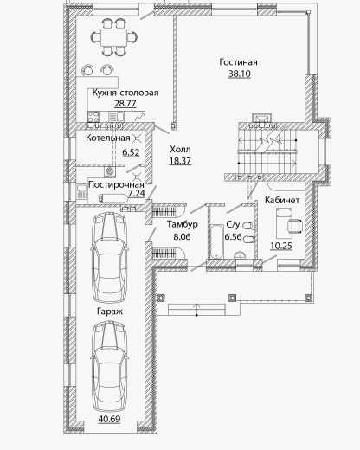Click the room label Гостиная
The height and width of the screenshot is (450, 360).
(x=238, y=62)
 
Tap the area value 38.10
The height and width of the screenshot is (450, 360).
(x=240, y=74)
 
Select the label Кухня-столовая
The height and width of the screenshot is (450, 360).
(x=125, y=93)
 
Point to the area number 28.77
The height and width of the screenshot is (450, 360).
(x=125, y=103)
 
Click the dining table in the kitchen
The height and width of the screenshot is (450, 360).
(x=114, y=37)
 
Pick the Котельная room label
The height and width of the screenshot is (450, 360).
(x=108, y=138)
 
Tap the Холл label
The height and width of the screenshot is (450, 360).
(x=180, y=149)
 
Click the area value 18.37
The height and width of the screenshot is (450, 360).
(x=180, y=161)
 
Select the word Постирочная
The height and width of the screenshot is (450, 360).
(x=116, y=184)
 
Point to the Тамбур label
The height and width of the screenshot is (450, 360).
(x=183, y=224)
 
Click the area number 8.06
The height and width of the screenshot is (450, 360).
(x=182, y=237)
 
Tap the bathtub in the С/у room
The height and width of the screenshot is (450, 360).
(x=216, y=241)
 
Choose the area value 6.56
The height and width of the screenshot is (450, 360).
(x=233, y=236)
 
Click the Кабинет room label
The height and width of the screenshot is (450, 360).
(x=282, y=200)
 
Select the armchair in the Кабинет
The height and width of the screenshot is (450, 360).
(x=295, y=226)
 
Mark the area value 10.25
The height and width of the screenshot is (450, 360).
(x=281, y=246)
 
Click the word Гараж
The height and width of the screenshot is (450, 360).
(x=110, y=312)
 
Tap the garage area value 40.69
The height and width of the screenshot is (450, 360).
(x=109, y=419)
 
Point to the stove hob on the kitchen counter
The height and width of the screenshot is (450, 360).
(x=93, y=117)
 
